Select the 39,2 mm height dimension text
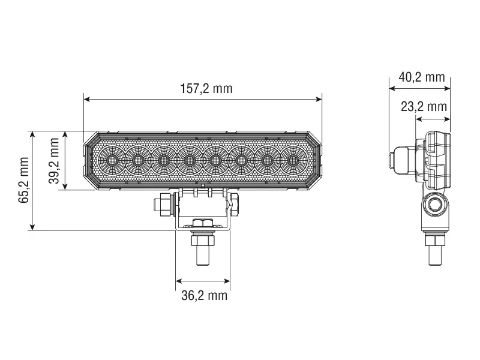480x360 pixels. pos(55,160)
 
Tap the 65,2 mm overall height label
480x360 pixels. pos(23,181)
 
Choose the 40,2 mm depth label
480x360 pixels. pos(421,77)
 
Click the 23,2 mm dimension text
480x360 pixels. pos(424,107)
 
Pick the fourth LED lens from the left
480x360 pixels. pos(190,160)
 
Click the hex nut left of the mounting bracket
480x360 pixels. pos(162,205)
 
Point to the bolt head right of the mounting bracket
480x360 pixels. pos(235,204)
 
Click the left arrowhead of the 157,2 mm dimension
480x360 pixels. pos(86,100)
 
